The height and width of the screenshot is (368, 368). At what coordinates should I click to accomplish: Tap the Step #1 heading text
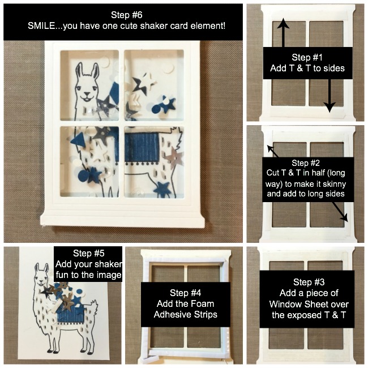coord(307,57)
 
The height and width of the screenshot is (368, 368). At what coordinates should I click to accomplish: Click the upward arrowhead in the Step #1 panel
coord(283,23)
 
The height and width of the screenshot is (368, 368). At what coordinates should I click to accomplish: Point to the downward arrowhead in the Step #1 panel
coord(330,108)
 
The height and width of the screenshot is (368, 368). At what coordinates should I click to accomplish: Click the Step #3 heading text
coord(309,282)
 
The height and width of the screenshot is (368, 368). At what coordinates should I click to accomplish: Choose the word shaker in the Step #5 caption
coord(109,264)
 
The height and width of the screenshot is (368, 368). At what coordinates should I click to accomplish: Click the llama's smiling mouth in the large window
coord(87,96)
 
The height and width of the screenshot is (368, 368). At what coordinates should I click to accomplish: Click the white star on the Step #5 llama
coord(67,292)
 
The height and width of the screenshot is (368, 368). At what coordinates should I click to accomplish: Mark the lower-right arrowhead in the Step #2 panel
coord(344,217)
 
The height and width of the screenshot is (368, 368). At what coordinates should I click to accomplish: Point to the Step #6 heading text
coord(126,15)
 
